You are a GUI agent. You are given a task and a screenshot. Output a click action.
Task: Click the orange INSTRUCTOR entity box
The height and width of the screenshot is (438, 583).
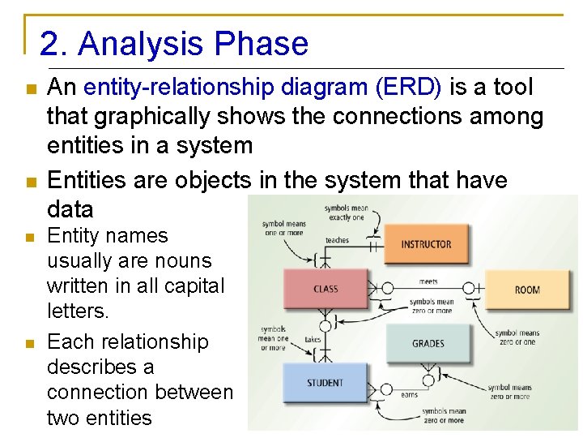point(426,244)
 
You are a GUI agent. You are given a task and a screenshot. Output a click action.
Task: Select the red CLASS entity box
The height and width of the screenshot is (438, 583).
point(326,289)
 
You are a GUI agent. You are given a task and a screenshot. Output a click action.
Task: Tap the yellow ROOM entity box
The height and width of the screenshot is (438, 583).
point(526,290)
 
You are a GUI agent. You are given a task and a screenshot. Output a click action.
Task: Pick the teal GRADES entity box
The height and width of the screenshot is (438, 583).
point(428,343)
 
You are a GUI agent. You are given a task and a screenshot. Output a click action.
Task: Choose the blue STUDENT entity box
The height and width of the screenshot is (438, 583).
point(325,383)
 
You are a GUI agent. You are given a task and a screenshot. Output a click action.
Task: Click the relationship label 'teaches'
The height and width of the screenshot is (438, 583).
point(337,240)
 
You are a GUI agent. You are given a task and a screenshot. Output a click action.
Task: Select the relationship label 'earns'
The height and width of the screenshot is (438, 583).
point(410,395)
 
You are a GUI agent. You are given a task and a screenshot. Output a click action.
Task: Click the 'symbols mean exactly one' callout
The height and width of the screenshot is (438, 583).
point(347,213)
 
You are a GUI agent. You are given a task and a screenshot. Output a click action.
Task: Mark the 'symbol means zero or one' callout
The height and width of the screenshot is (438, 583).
point(515,337)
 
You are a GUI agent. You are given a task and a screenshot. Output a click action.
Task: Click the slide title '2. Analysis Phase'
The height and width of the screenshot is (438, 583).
point(174,44)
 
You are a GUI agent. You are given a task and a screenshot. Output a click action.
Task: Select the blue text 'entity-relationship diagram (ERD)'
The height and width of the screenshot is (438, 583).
point(262,87)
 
